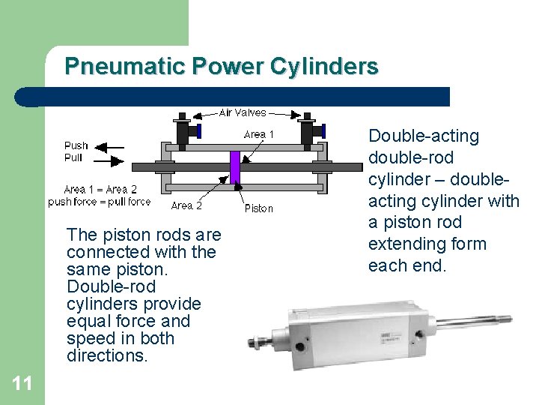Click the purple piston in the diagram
(x=235, y=166)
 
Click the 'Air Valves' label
(x=242, y=112)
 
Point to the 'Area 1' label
(x=259, y=134)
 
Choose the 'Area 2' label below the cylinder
(x=186, y=205)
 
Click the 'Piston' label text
(x=259, y=208)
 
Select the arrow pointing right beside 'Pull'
(x=112, y=159)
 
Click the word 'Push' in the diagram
(x=76, y=146)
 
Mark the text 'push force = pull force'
(x=99, y=201)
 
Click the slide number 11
(x=22, y=384)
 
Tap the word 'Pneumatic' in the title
(x=124, y=67)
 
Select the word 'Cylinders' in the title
(x=323, y=67)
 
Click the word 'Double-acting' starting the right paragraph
(x=423, y=136)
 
